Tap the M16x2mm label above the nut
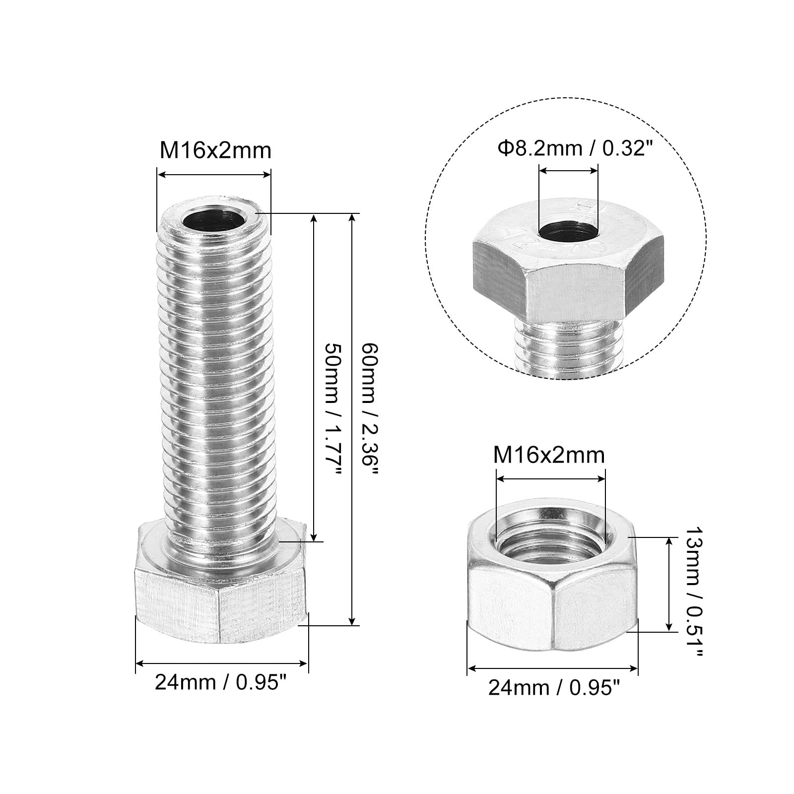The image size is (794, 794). tap(549, 455)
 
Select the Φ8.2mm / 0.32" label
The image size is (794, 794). tap(574, 148)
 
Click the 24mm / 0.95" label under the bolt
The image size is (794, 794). tap(221, 683)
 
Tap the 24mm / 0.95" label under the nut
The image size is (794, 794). tap(554, 688)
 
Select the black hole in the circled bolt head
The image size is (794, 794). tap(568, 231)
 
